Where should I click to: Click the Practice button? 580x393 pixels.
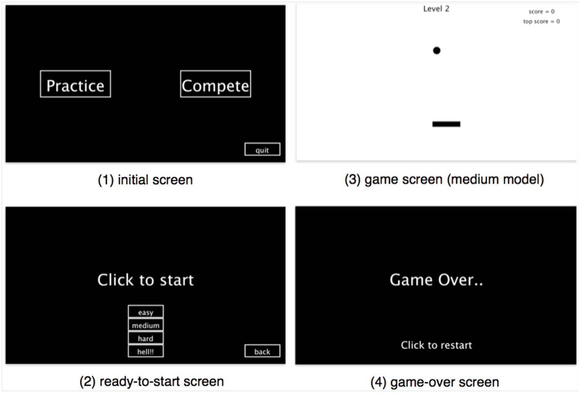(75, 84)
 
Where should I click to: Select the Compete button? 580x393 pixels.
(216, 84)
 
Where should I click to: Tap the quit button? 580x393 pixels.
(262, 149)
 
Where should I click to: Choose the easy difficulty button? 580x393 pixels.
(146, 312)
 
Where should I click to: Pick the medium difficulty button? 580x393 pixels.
(146, 325)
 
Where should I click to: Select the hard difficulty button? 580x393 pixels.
(146, 338)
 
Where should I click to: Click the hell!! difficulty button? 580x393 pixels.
(146, 351)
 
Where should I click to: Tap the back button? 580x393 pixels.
(262, 351)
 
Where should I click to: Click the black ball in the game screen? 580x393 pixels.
(436, 50)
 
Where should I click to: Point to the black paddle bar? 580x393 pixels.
(446, 124)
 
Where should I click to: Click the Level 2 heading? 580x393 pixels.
(436, 9)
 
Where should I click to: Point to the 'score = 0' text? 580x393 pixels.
(542, 11)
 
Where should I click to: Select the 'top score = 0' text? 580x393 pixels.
(542, 22)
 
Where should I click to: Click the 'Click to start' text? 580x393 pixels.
(146, 280)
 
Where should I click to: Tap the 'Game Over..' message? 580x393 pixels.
(436, 280)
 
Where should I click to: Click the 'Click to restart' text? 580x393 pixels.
(436, 346)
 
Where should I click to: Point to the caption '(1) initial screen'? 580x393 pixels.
(145, 180)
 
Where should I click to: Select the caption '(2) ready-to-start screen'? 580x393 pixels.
(152, 382)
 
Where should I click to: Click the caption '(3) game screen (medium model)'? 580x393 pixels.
(444, 179)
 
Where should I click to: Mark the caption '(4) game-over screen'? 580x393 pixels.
(435, 382)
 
